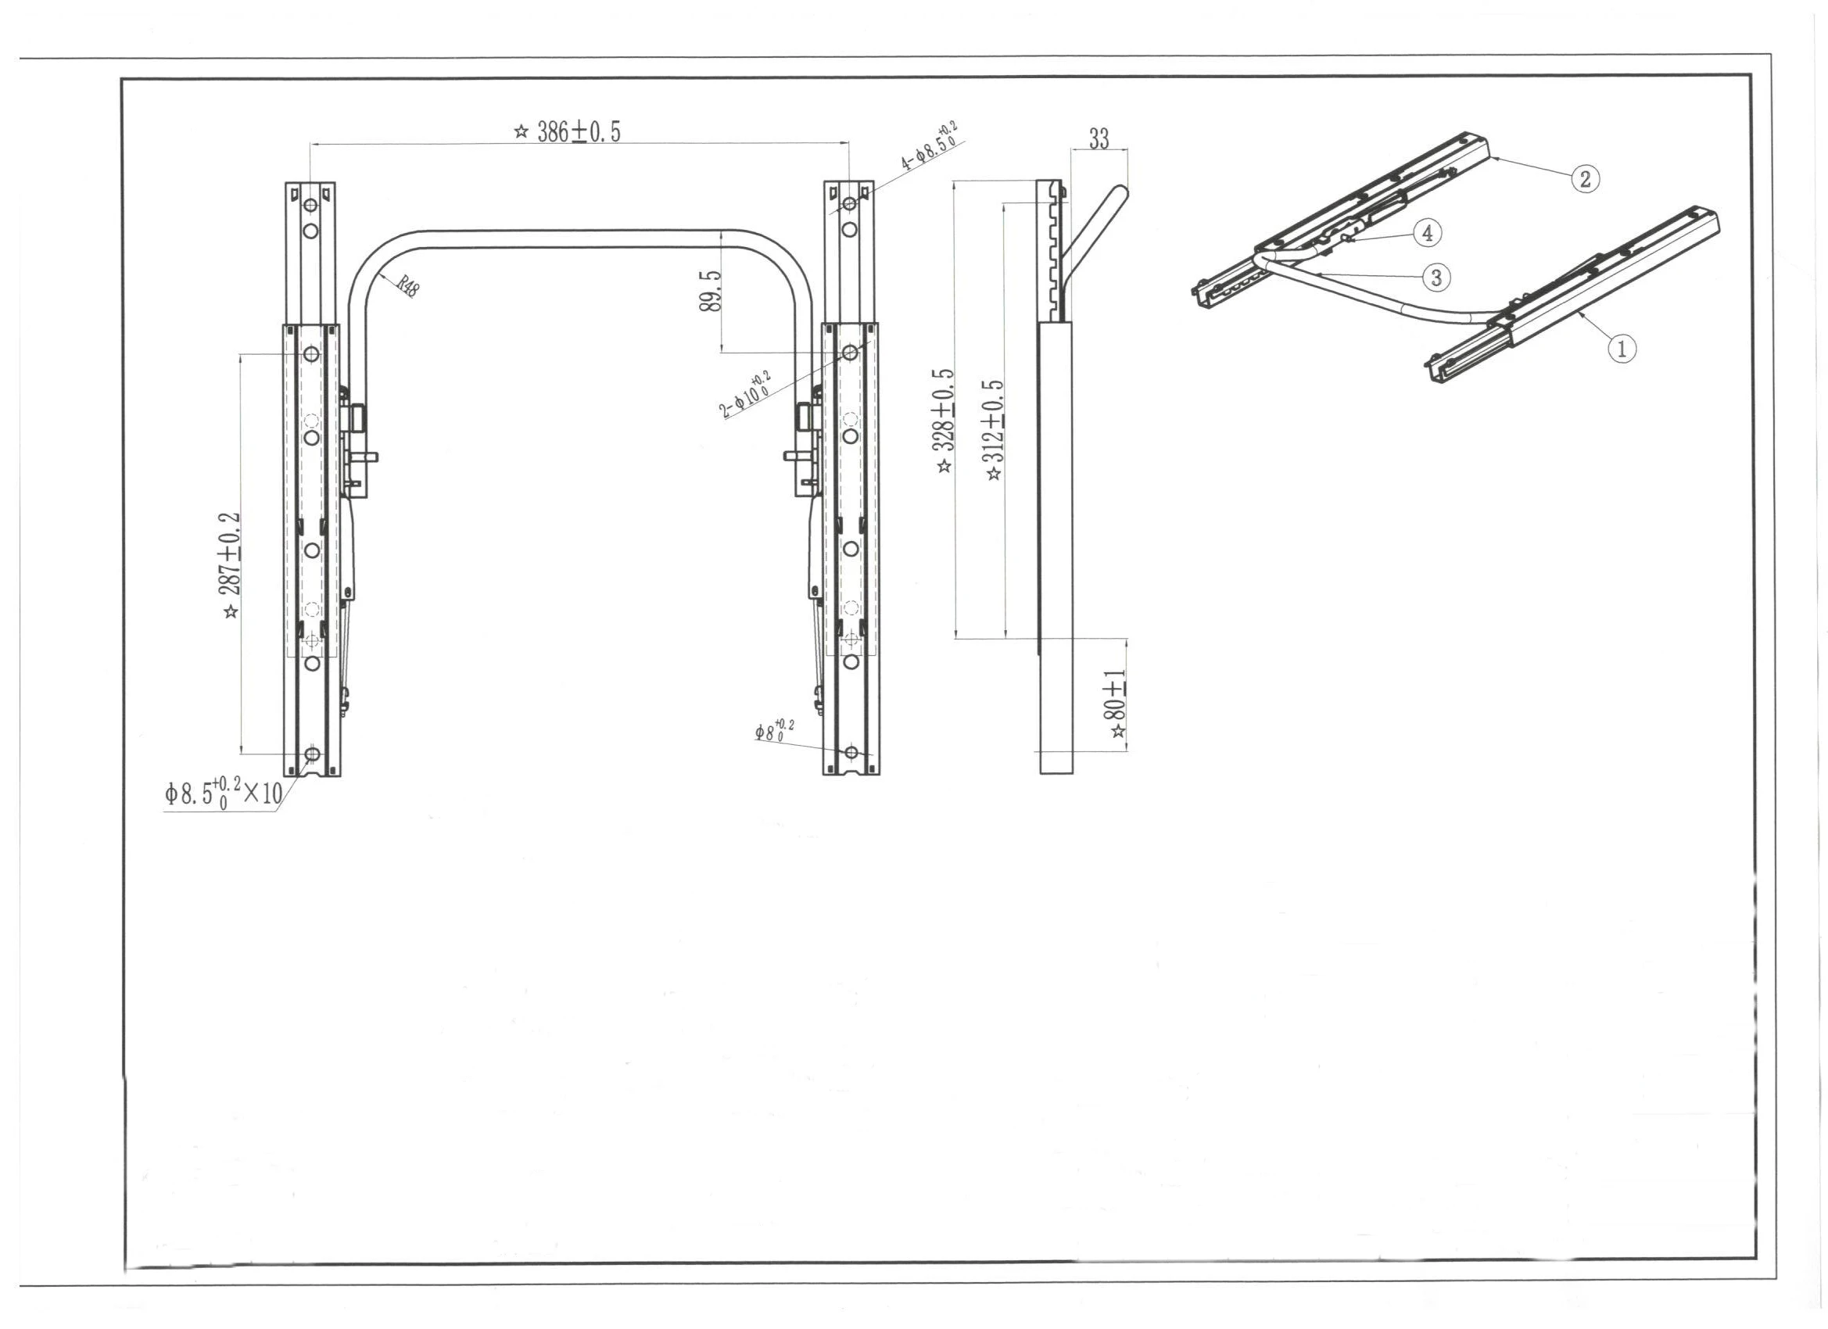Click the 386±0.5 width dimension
click(x=578, y=131)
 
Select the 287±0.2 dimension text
click(x=230, y=553)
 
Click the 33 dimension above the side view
click(x=1099, y=138)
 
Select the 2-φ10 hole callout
click(x=746, y=395)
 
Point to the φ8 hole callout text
click(x=775, y=730)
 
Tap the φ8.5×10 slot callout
click(x=224, y=793)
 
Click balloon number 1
click(x=1622, y=349)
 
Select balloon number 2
click(x=1586, y=179)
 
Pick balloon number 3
click(x=1436, y=278)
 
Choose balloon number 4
click(x=1428, y=234)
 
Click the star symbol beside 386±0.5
click(x=521, y=131)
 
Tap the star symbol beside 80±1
click(x=1118, y=731)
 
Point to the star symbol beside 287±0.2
click(x=231, y=611)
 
